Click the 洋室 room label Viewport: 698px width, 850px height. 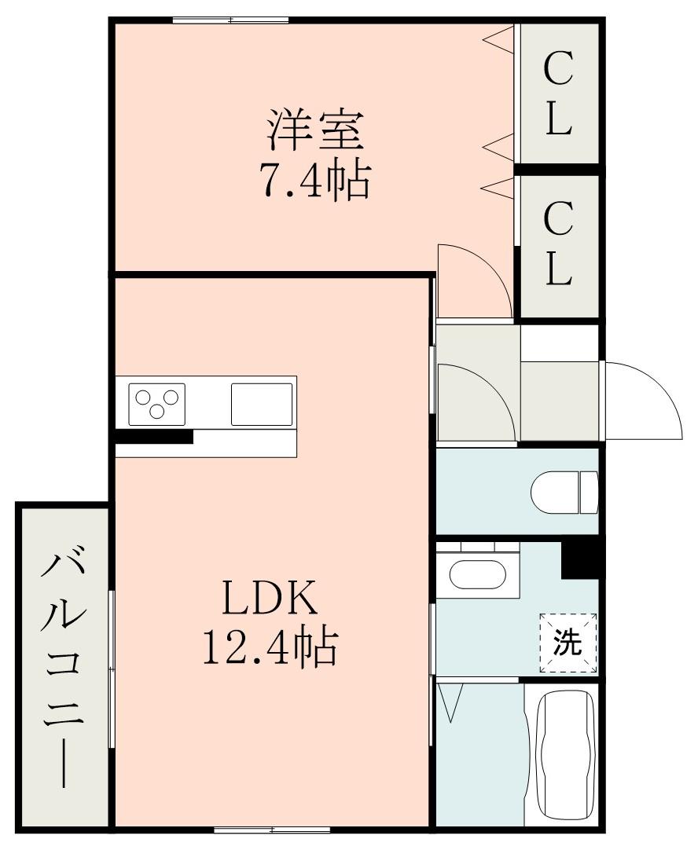(x=314, y=131)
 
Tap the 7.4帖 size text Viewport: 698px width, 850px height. (x=314, y=181)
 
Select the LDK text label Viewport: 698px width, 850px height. (x=270, y=599)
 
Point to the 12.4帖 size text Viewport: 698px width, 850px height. (x=270, y=649)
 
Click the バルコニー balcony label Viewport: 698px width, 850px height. (x=62, y=668)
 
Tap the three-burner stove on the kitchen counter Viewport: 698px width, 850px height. (x=158, y=404)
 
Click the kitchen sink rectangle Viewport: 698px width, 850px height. (x=262, y=404)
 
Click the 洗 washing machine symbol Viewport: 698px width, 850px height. (x=568, y=643)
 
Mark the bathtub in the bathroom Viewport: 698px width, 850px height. (x=564, y=754)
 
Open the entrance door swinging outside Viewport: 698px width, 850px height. (x=641, y=401)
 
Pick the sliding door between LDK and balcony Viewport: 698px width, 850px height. (x=112, y=668)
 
